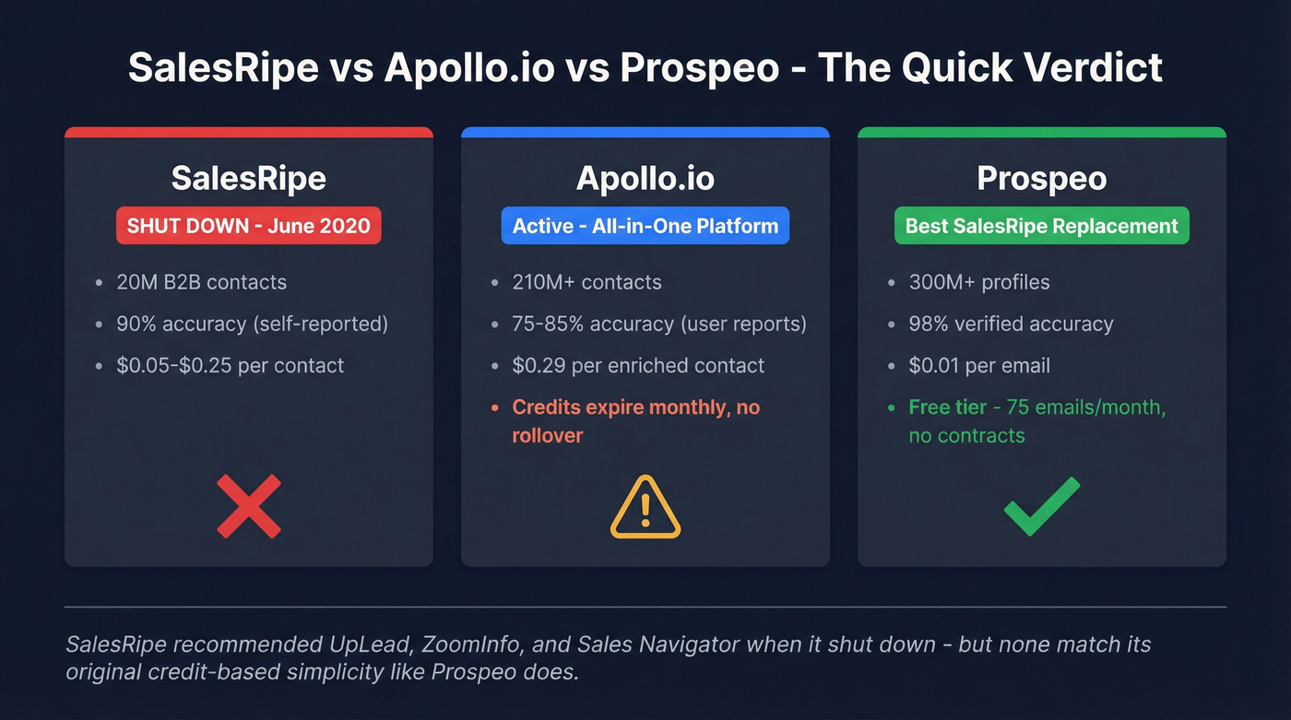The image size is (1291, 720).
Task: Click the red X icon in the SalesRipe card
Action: [x=249, y=506]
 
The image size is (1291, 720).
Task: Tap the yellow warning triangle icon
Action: [x=645, y=507]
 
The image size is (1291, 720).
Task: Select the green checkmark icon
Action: [x=1041, y=506]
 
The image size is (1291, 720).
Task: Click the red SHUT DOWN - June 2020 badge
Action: [x=249, y=226]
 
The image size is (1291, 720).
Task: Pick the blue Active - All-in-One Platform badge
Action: [x=645, y=226]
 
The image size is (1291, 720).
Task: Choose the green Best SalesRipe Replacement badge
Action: [x=1042, y=226]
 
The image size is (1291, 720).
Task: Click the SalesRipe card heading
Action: [x=249, y=178]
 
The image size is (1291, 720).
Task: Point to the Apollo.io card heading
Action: [x=645, y=178]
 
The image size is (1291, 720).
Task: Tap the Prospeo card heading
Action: [x=1042, y=178]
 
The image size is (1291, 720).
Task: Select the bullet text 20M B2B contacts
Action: [x=201, y=282]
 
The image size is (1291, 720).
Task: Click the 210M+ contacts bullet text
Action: [x=586, y=282]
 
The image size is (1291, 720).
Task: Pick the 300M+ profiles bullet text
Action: [x=979, y=282]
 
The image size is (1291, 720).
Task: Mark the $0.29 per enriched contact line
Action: [x=638, y=365]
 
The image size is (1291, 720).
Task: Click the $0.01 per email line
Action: [x=979, y=365]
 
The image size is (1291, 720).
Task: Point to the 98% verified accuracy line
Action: [x=1011, y=324]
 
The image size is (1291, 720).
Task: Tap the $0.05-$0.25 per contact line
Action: [x=230, y=365]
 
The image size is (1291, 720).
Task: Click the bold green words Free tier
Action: [x=947, y=407]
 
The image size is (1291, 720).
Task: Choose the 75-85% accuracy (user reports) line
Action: [x=659, y=324]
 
